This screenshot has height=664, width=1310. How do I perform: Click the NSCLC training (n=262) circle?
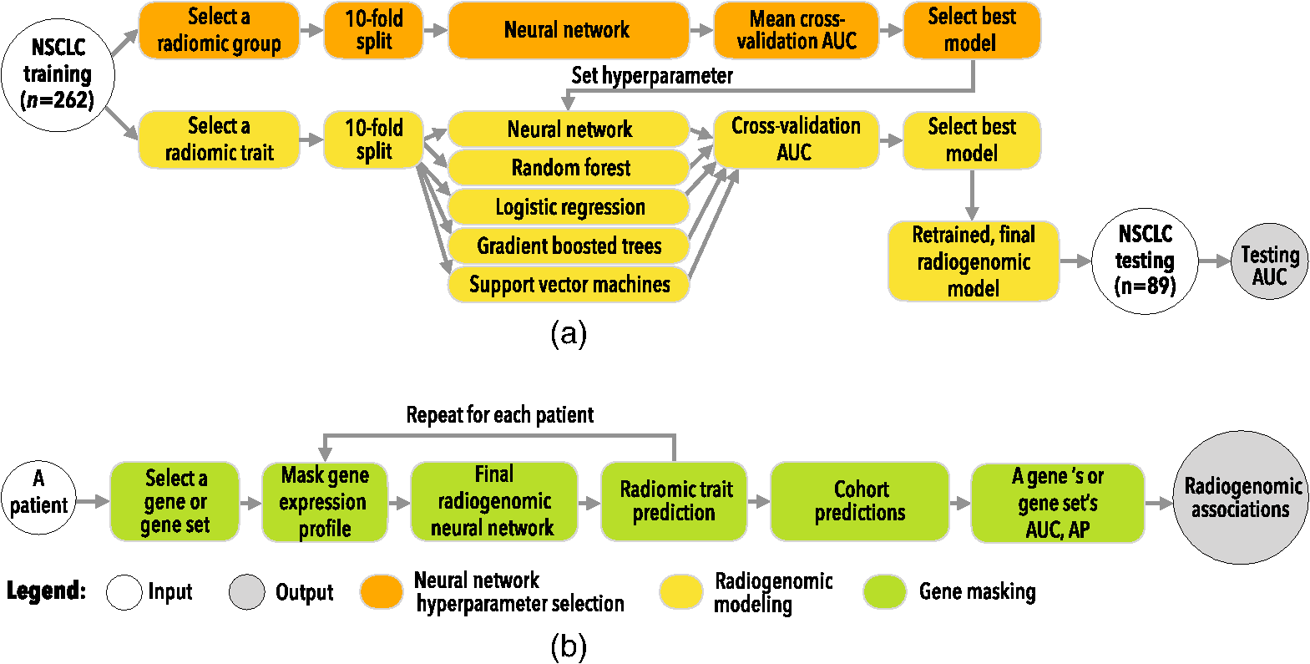tap(58, 75)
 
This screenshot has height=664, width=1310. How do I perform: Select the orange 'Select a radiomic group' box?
tap(219, 30)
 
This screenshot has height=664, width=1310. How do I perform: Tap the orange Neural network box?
tap(568, 30)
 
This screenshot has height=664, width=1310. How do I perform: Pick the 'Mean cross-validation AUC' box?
tap(796, 30)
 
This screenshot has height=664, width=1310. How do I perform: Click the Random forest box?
tap(569, 168)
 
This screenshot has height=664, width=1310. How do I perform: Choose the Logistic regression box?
tap(569, 207)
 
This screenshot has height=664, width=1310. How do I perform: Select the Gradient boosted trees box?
tap(569, 246)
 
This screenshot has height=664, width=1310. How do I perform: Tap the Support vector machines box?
tap(569, 285)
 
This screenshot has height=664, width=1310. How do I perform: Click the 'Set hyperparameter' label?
tap(651, 75)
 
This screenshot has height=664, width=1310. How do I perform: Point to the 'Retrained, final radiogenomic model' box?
tap(974, 261)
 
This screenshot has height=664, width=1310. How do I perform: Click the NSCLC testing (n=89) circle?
tap(1145, 261)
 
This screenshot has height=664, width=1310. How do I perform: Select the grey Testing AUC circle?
tap(1270, 261)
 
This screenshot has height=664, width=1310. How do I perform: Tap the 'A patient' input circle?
tap(38, 498)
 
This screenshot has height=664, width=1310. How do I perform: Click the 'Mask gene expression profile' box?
tap(325, 502)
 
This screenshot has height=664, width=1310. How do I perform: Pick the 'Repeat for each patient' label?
tap(500, 415)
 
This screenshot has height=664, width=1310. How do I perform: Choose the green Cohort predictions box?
tap(860, 501)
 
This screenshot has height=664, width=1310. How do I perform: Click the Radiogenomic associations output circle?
tap(1241, 498)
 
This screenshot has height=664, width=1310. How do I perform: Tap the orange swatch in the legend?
tap(382, 591)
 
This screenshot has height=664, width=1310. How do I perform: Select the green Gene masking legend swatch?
tap(884, 591)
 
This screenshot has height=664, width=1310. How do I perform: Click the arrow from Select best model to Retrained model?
tap(972, 195)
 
